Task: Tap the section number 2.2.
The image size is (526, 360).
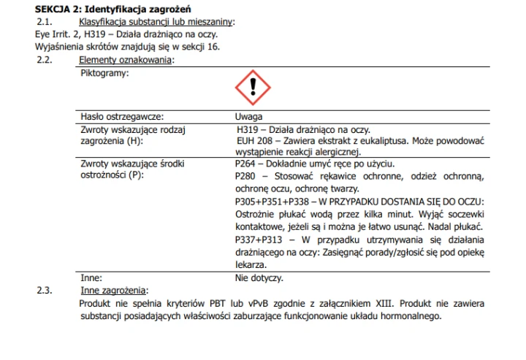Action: [x=47, y=60]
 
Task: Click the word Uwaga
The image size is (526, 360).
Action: [x=249, y=116]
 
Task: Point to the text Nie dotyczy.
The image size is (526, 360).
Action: [x=259, y=277]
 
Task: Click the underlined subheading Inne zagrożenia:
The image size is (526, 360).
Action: [x=114, y=291]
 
